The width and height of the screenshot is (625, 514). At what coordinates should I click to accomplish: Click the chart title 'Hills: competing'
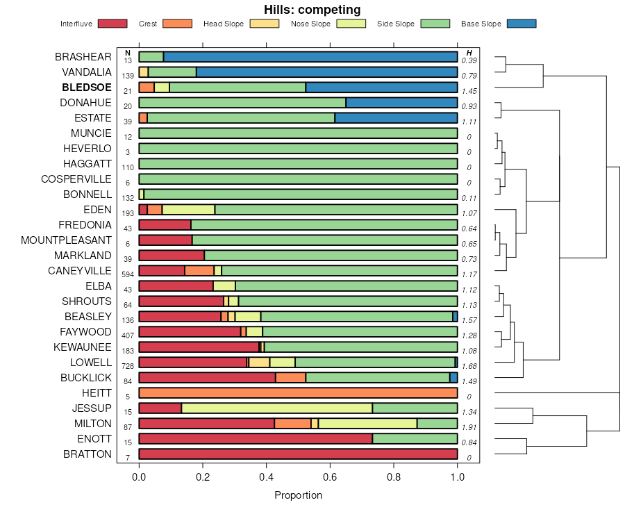312,10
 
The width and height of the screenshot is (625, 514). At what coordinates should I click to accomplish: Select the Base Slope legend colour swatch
521,24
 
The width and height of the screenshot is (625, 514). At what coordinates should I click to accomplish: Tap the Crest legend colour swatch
177,24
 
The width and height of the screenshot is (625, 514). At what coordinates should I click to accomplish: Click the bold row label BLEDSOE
86,88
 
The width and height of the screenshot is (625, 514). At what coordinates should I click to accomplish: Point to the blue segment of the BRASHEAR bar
310,57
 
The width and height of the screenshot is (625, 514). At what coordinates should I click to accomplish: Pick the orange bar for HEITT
298,393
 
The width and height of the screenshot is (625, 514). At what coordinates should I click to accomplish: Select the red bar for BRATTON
298,454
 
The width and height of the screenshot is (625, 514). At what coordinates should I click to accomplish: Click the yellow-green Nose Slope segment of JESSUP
276,408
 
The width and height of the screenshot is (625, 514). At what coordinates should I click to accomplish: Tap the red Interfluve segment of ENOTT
256,439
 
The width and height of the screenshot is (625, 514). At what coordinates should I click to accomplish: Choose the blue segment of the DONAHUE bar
401,103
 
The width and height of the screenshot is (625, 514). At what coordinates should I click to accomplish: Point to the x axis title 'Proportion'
298,495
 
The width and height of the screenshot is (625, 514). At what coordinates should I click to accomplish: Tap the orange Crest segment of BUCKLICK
290,378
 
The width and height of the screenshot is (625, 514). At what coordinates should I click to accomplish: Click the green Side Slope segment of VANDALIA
172,72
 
